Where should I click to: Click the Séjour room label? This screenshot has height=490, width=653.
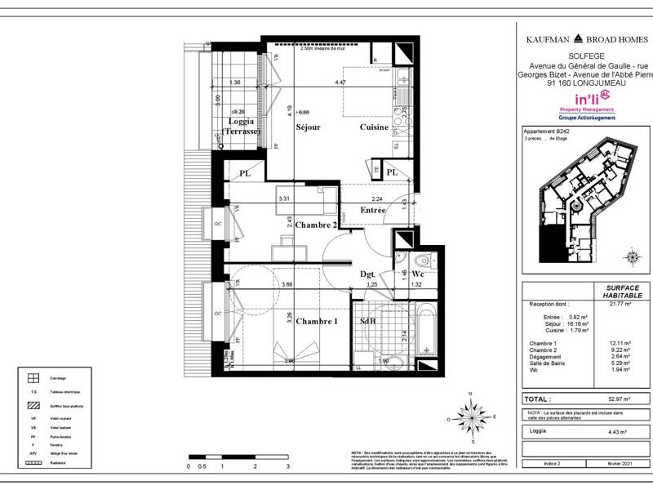pos(306,127)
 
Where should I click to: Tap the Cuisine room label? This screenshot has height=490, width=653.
pos(375,127)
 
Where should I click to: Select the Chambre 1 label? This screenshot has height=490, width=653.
pos(316,321)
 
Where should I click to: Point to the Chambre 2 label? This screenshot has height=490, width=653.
pos(316,225)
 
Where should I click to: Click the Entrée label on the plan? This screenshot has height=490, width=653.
pos(372,210)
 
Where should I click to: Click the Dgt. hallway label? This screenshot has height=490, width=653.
pos(368,274)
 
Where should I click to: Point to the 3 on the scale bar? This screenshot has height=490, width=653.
pos(287,466)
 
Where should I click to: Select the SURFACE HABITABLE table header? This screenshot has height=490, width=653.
pos(624,292)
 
